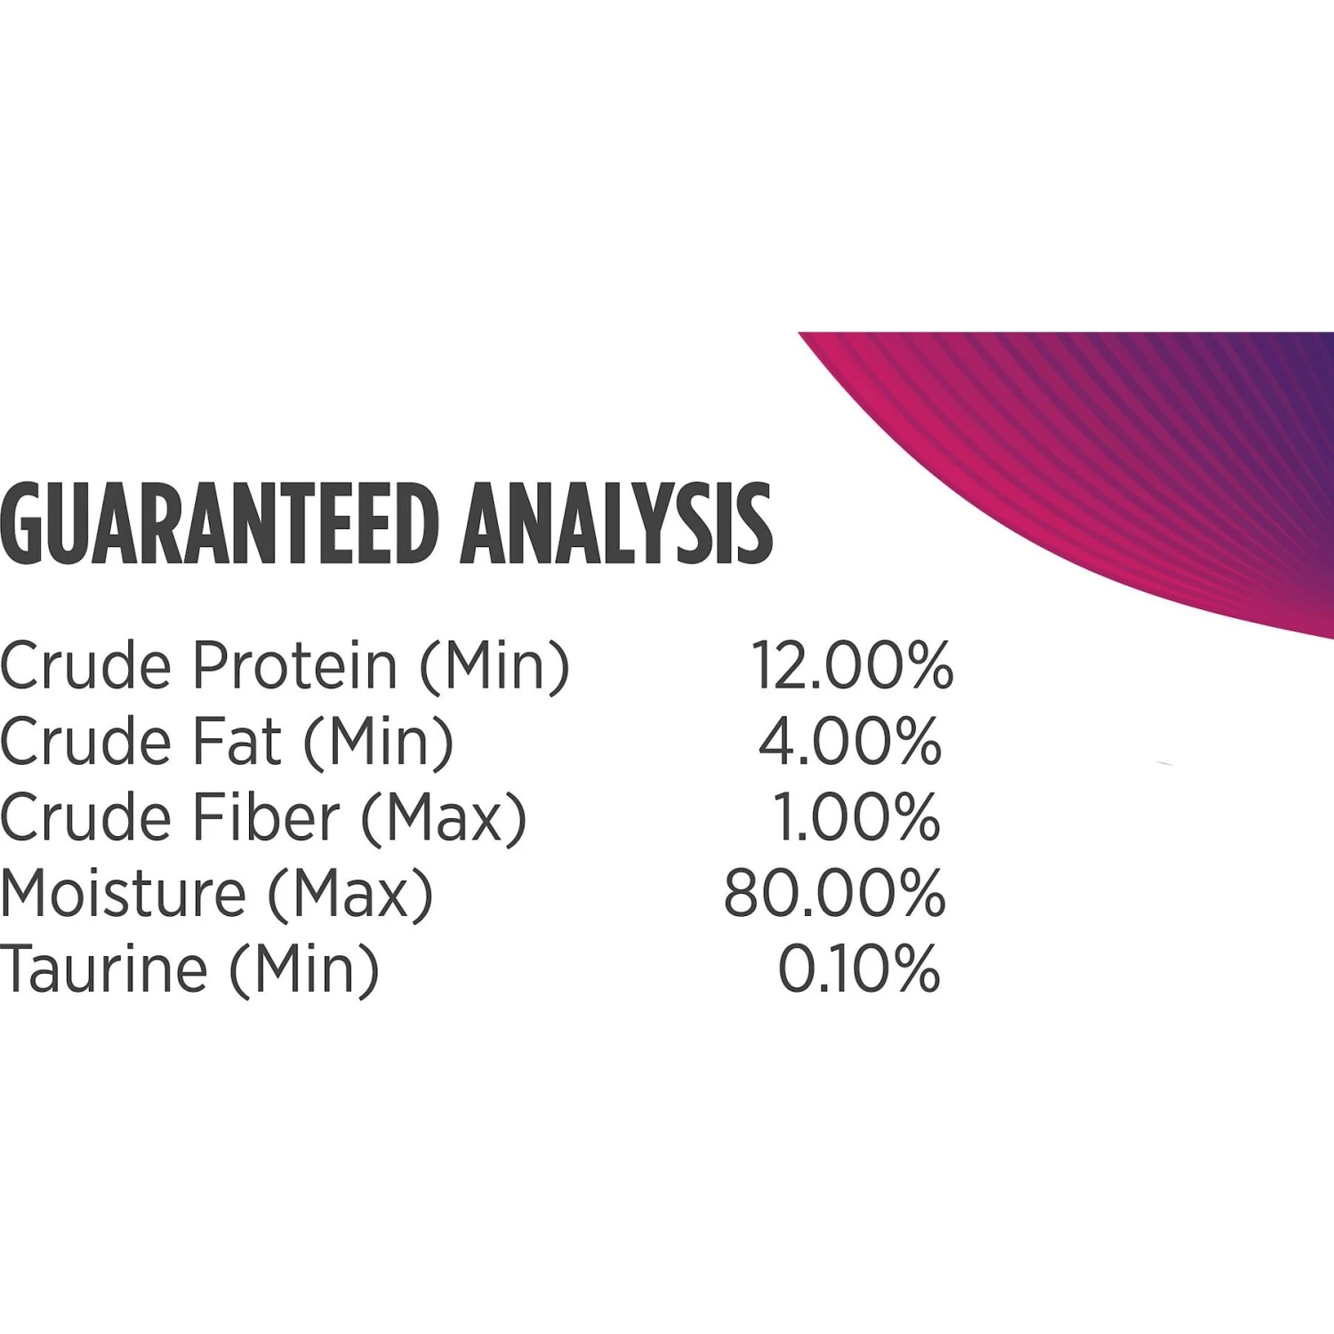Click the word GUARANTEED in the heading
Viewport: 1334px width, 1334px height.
click(x=220, y=524)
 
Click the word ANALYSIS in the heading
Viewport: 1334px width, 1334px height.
click(x=616, y=524)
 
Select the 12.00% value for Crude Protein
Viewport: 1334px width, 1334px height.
click(x=852, y=665)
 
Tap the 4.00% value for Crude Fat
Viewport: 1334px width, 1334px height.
click(x=849, y=742)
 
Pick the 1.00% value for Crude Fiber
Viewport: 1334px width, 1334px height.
click(x=856, y=817)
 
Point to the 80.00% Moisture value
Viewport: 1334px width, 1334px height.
click(x=834, y=894)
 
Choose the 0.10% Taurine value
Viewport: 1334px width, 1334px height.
click(x=859, y=969)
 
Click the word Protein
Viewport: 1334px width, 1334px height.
click(x=295, y=665)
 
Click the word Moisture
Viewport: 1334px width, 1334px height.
click(x=124, y=894)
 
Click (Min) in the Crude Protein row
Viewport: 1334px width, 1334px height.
click(x=494, y=667)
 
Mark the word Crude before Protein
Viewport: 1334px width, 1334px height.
click(x=85, y=665)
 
